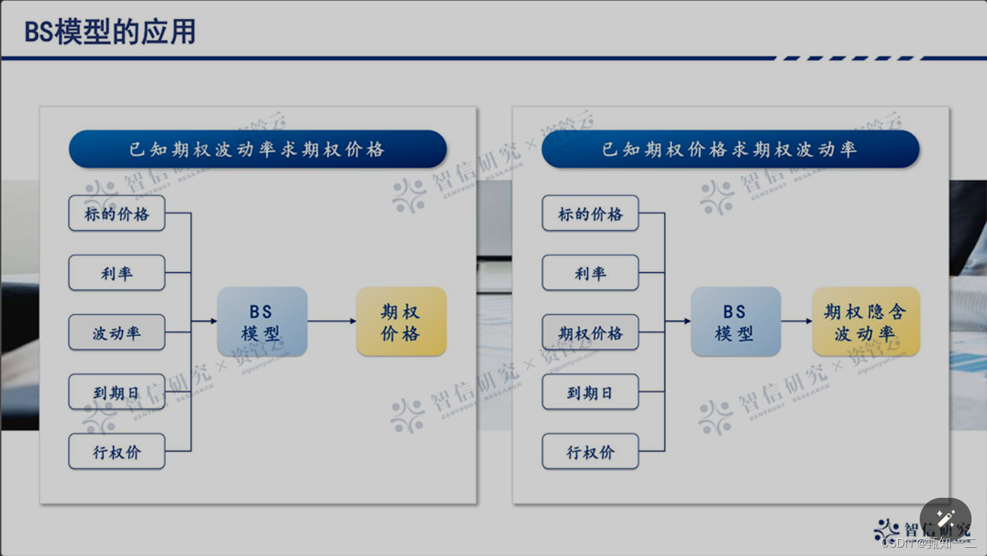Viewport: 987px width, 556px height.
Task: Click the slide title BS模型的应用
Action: (110, 32)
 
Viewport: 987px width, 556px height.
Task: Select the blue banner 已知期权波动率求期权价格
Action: (257, 149)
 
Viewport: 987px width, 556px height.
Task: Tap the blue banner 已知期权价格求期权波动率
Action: (730, 149)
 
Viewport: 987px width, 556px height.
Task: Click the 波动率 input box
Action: (116, 332)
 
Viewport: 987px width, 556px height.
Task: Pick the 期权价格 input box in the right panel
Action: (590, 332)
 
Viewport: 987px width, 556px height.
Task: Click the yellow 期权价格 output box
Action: (401, 322)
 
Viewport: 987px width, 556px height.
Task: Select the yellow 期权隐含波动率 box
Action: (866, 322)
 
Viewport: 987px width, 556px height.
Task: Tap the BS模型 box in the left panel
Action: (262, 322)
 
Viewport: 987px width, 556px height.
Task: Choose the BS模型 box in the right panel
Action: (735, 322)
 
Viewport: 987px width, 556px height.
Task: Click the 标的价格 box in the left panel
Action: (116, 213)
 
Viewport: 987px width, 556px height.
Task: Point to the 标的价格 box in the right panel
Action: (590, 213)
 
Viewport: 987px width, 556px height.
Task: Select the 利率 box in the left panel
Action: (116, 273)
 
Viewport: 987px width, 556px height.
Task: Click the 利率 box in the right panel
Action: (590, 273)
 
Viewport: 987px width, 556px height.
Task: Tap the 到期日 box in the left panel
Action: (116, 392)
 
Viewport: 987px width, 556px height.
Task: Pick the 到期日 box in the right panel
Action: (590, 392)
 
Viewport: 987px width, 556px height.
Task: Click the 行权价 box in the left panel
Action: (116, 452)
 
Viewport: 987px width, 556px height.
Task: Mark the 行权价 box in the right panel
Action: (590, 452)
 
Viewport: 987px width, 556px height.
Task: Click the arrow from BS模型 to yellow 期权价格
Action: (332, 322)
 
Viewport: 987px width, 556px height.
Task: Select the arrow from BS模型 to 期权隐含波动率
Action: (796, 322)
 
